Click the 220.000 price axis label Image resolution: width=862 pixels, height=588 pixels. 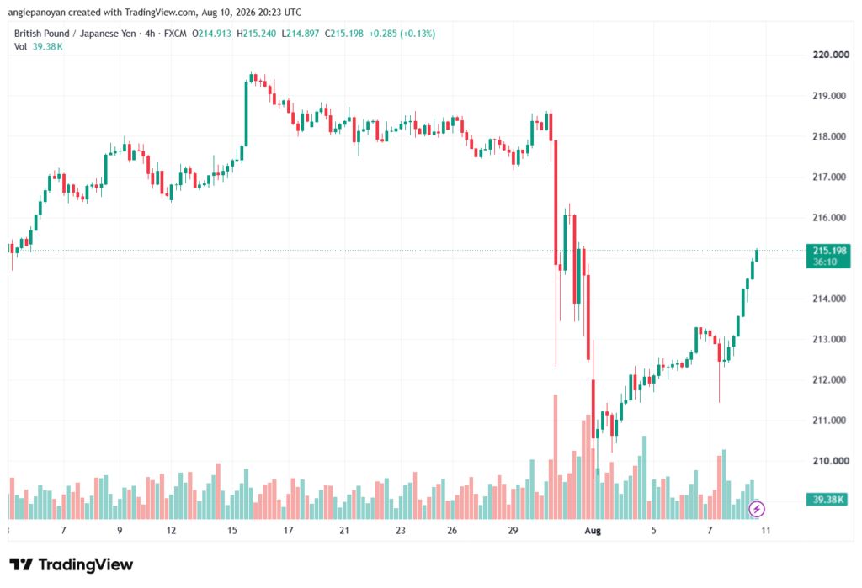click(x=831, y=55)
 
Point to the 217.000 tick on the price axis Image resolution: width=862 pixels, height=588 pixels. click(x=829, y=177)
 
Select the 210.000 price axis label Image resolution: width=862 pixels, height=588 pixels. click(x=831, y=460)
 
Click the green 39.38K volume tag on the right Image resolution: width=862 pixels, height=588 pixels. click(x=827, y=500)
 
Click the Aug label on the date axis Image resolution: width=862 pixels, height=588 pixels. click(x=593, y=531)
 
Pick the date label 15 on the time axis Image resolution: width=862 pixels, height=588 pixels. click(x=232, y=531)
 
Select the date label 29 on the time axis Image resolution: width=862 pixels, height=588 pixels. click(x=513, y=531)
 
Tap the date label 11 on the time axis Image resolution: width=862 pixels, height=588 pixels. click(x=765, y=531)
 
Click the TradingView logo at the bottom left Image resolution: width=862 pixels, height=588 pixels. click(x=72, y=565)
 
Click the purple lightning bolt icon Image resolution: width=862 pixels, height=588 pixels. click(x=757, y=510)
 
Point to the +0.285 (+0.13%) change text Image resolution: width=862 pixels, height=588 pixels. click(x=402, y=34)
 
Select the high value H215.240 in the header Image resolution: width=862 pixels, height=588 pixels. click(x=256, y=34)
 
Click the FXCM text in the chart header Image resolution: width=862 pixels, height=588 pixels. click(x=175, y=34)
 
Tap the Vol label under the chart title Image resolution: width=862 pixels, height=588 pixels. click(x=20, y=47)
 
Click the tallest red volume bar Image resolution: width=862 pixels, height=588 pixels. click(x=556, y=457)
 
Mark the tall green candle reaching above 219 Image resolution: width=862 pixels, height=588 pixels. click(x=247, y=114)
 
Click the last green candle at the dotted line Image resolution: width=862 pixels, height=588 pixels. click(x=757, y=256)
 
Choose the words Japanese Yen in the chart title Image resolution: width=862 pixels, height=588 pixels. click(x=108, y=34)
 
